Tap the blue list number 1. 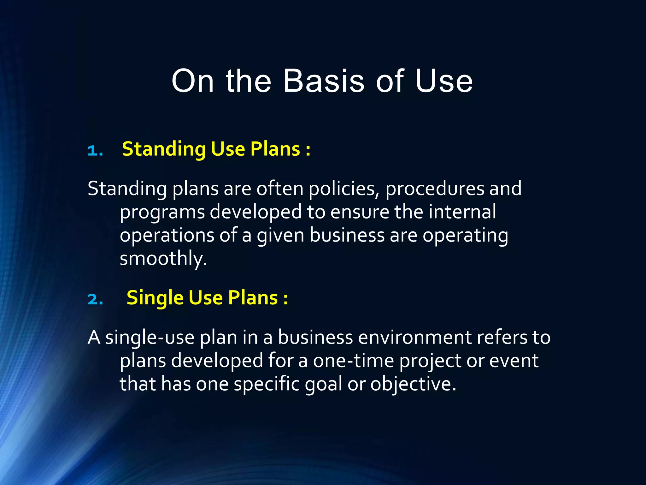point(94,151)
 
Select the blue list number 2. point(95,299)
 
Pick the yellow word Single point(155,298)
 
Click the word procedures point(434,189)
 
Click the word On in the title point(192,81)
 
